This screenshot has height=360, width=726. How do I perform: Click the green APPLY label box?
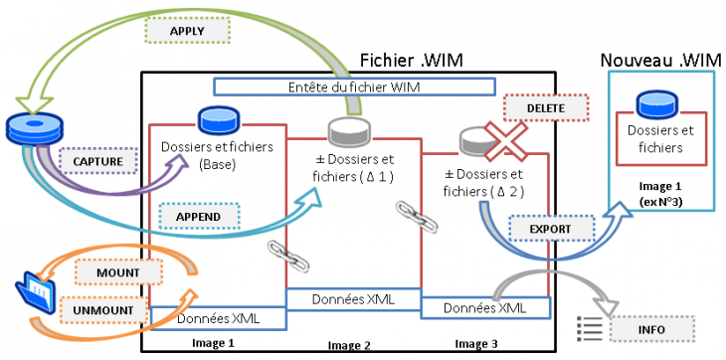(187, 30)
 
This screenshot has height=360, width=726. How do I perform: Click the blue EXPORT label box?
(544, 229)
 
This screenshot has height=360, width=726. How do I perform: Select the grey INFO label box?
(640, 328)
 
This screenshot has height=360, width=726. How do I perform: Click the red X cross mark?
(505, 139)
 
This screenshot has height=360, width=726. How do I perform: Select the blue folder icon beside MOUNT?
(35, 292)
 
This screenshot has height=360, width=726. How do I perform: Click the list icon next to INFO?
(591, 326)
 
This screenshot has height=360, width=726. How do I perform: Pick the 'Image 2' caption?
(348, 345)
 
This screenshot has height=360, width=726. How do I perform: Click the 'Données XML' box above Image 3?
(484, 308)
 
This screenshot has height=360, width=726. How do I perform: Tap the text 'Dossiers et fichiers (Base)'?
(202, 154)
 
